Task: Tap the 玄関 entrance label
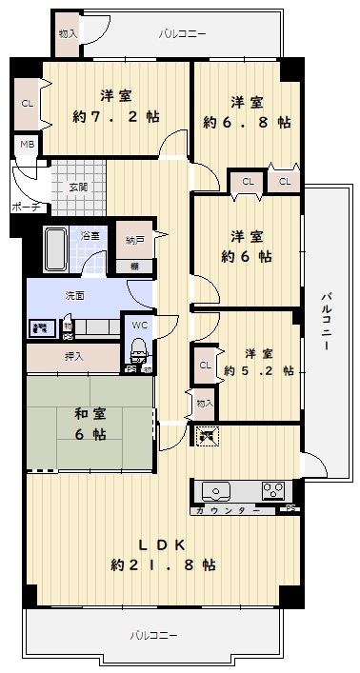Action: pos(78,188)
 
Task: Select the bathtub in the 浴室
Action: pos(55,249)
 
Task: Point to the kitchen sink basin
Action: pos(216,491)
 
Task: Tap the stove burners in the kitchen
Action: pos(273,490)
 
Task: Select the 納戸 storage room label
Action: pos(134,241)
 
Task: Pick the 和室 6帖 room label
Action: pos(90,425)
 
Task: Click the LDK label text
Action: pos(162,544)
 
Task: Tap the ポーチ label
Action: pos(26,207)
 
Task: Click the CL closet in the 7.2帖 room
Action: pos(28,104)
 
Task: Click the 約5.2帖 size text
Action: pos(259,371)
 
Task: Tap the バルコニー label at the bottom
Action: pos(153,635)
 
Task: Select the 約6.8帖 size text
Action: pos(247,123)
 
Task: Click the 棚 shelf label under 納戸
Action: pos(134,267)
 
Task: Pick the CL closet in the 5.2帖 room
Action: pos(205,366)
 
